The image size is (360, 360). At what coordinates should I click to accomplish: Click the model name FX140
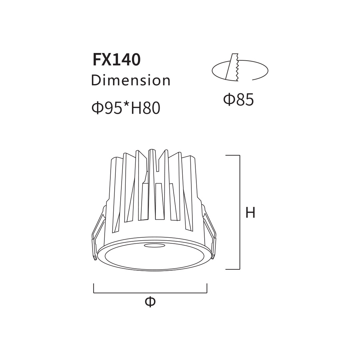117,60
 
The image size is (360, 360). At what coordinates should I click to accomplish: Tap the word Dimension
131,80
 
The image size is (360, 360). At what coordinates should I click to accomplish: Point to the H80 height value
145,108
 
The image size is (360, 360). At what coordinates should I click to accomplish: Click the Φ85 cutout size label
239,99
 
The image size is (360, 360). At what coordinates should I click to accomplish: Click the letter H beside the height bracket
250,212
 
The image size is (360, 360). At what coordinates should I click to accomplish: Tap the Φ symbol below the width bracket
150,302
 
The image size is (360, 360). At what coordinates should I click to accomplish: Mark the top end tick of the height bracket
233,155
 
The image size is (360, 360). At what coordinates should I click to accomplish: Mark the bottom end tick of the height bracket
233,269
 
